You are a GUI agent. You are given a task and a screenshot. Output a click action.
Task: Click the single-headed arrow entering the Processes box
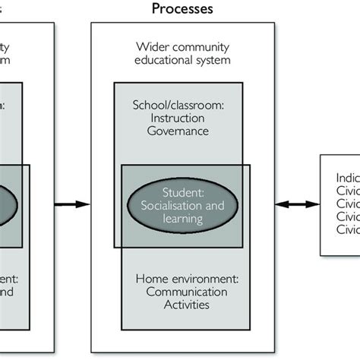73,204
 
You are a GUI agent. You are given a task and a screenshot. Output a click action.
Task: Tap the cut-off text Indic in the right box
347,178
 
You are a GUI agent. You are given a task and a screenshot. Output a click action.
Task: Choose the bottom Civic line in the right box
347,229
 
